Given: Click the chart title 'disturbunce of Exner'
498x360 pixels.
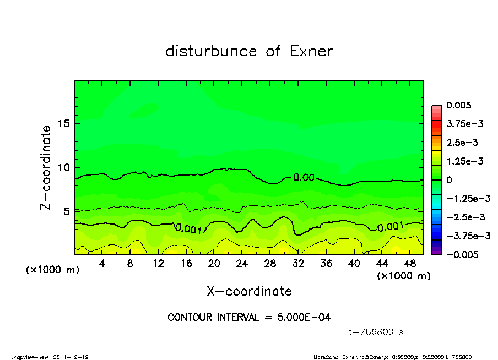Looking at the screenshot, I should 249,51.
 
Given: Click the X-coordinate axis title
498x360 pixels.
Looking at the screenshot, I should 249,291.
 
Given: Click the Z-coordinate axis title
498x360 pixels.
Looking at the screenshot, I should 46,167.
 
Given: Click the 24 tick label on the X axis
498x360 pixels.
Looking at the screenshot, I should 242,264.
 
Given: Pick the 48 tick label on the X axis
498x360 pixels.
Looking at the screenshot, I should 409,264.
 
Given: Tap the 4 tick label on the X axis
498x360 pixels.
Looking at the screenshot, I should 102,264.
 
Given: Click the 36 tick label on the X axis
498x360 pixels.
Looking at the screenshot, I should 326,264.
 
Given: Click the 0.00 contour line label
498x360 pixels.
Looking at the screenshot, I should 304,178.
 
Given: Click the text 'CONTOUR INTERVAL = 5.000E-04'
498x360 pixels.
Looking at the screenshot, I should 249,318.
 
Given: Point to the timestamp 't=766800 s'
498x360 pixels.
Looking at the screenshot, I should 376,332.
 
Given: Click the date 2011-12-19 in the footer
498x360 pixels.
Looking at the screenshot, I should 71,357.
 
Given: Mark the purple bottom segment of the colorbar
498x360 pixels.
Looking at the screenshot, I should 436,251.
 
